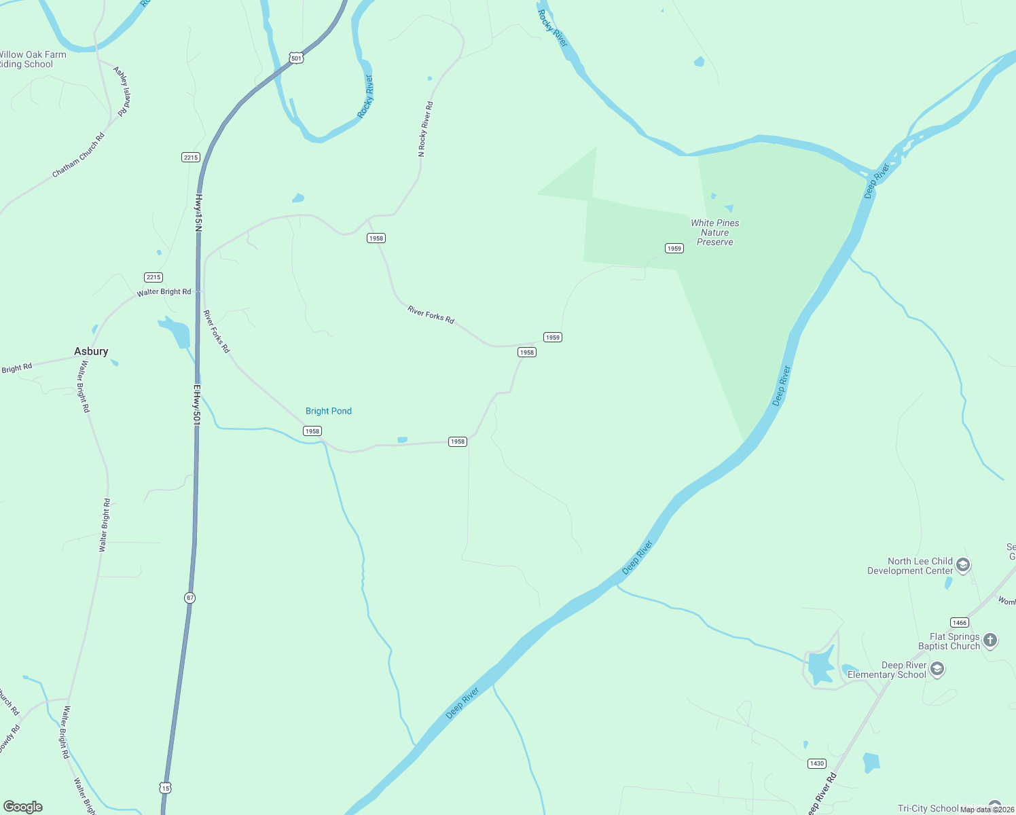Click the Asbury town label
coord(91,351)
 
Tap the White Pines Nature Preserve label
coord(715,232)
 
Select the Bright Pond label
coord(329,411)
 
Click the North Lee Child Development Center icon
coord(963,565)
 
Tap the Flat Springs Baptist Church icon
coord(990,640)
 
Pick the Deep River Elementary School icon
coord(937,670)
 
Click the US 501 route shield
coord(296,58)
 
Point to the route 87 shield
coord(189,598)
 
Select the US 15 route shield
coord(166,788)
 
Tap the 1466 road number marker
coord(959,623)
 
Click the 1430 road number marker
coord(817,763)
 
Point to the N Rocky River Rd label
coord(426,130)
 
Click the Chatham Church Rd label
coord(79,156)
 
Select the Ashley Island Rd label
coord(122,92)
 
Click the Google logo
coord(23,807)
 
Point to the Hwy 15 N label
coord(199,213)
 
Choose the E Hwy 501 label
coord(197,405)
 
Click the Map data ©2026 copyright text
coord(986,810)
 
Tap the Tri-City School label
coord(928,808)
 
